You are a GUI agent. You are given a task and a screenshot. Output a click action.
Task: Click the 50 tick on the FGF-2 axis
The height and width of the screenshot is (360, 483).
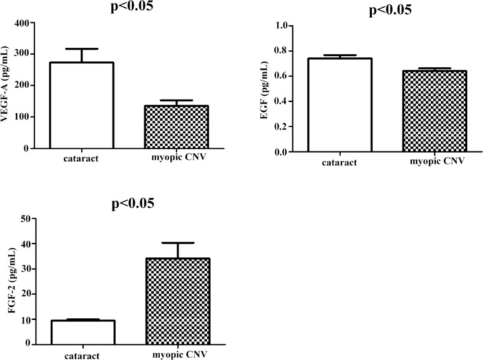pyautogui.click(x=26, y=219)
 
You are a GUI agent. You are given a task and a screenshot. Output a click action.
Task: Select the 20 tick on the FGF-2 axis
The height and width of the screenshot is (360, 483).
pyautogui.click(x=26, y=294)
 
